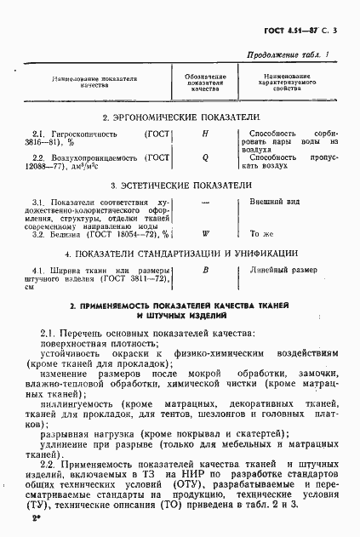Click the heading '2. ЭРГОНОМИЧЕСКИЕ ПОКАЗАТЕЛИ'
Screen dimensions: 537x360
point(180,116)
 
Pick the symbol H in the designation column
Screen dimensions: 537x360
point(205,134)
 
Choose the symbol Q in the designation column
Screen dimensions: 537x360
point(205,157)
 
